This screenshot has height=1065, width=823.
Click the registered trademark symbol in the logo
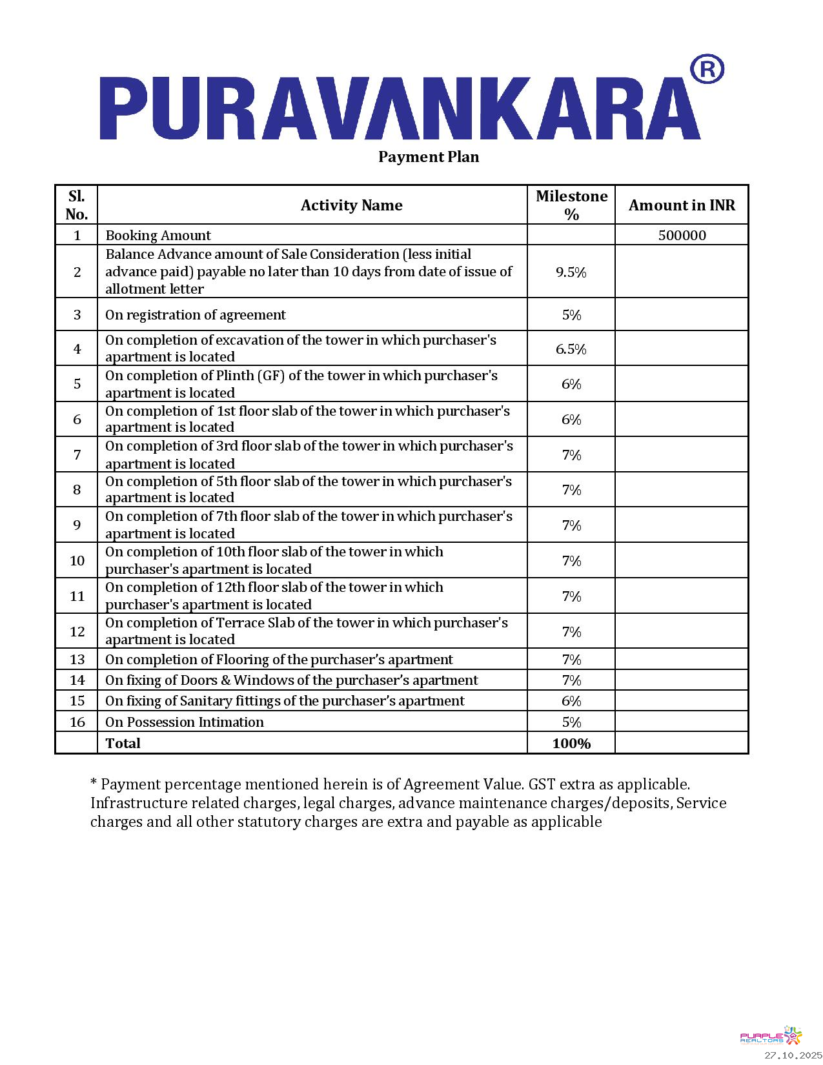tap(707, 69)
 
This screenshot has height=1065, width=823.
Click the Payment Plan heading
tap(429, 157)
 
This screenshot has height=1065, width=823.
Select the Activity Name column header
tap(351, 205)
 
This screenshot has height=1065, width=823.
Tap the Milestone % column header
tap(571, 205)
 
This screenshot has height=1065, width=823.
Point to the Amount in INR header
tap(682, 205)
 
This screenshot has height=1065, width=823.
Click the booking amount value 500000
tap(682, 236)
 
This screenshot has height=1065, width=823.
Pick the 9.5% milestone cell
tap(571, 272)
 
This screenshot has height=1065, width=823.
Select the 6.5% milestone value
tap(571, 349)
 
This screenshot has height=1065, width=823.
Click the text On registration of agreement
tap(195, 315)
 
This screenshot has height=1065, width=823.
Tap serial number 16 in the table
tap(77, 722)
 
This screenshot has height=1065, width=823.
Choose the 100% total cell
tap(571, 744)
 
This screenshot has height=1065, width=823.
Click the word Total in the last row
tap(123, 744)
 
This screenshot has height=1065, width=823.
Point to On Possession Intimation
tap(185, 722)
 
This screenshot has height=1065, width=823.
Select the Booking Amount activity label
tap(158, 236)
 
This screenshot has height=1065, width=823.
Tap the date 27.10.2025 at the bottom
tap(793, 1055)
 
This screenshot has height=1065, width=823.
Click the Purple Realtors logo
tap(771, 1036)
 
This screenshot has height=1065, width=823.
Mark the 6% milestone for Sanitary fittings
tap(571, 702)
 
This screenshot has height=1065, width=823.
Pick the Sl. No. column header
tap(76, 205)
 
